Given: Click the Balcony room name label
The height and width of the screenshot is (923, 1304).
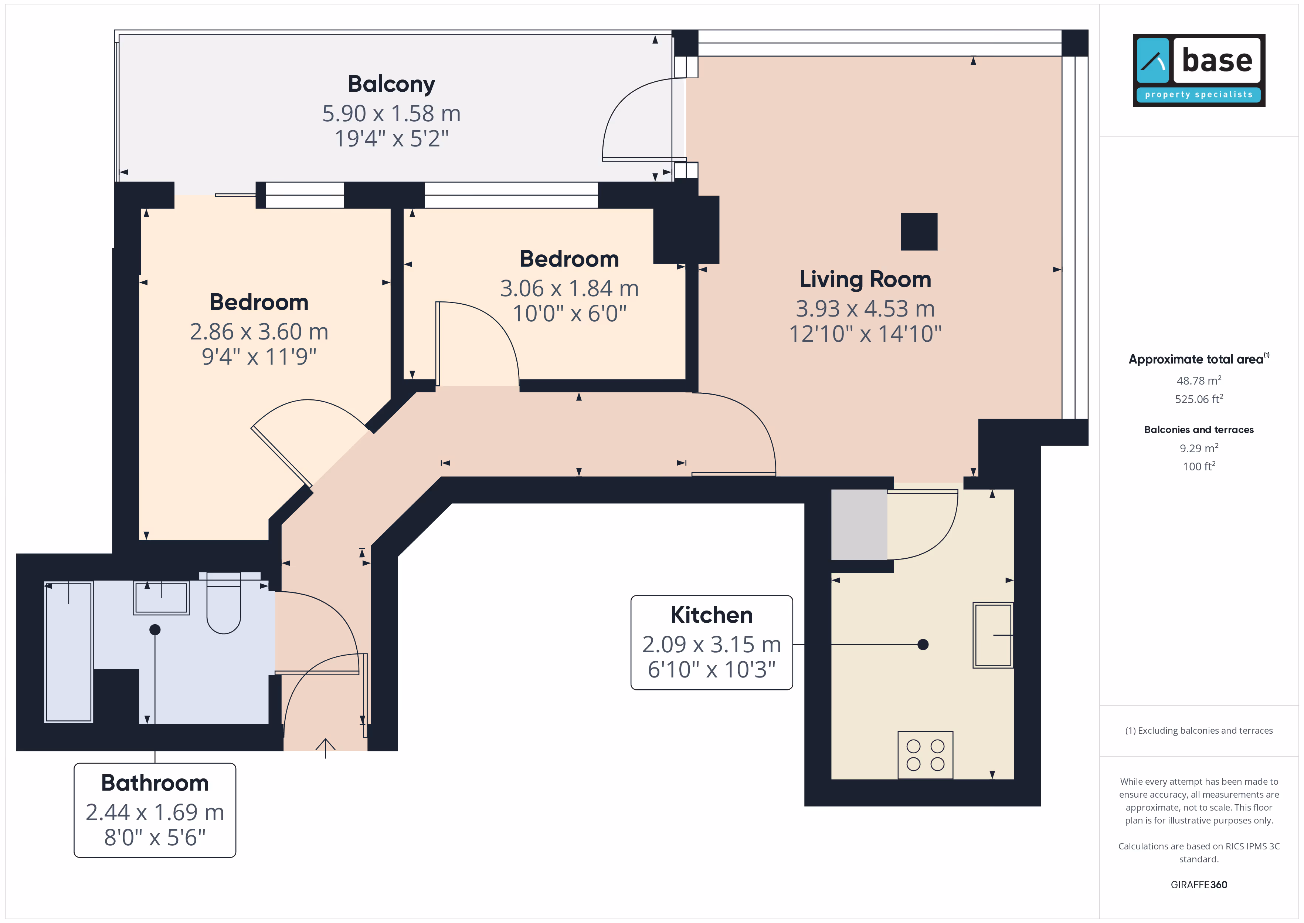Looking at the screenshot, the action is coord(391,84).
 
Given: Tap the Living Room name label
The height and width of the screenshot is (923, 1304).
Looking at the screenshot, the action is coord(865,279).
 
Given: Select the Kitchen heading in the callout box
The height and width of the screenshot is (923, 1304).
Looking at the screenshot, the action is coord(712,615).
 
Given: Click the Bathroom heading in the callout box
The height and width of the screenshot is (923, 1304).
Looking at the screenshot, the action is coord(155,782).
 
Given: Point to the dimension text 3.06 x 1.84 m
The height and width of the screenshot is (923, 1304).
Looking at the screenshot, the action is coord(569,288).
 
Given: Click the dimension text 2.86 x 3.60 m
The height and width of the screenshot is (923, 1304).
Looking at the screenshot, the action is coord(259,331).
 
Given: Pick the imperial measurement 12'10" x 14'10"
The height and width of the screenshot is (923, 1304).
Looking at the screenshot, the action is coord(865,334).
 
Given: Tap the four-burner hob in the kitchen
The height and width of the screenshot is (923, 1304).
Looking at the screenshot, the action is coord(925,755).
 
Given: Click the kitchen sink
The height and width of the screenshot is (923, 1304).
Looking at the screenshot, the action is coord(993,635).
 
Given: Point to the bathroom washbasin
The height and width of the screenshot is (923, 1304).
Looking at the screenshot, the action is coord(161,597).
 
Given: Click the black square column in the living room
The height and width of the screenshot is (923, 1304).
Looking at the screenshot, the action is coord(919,231).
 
